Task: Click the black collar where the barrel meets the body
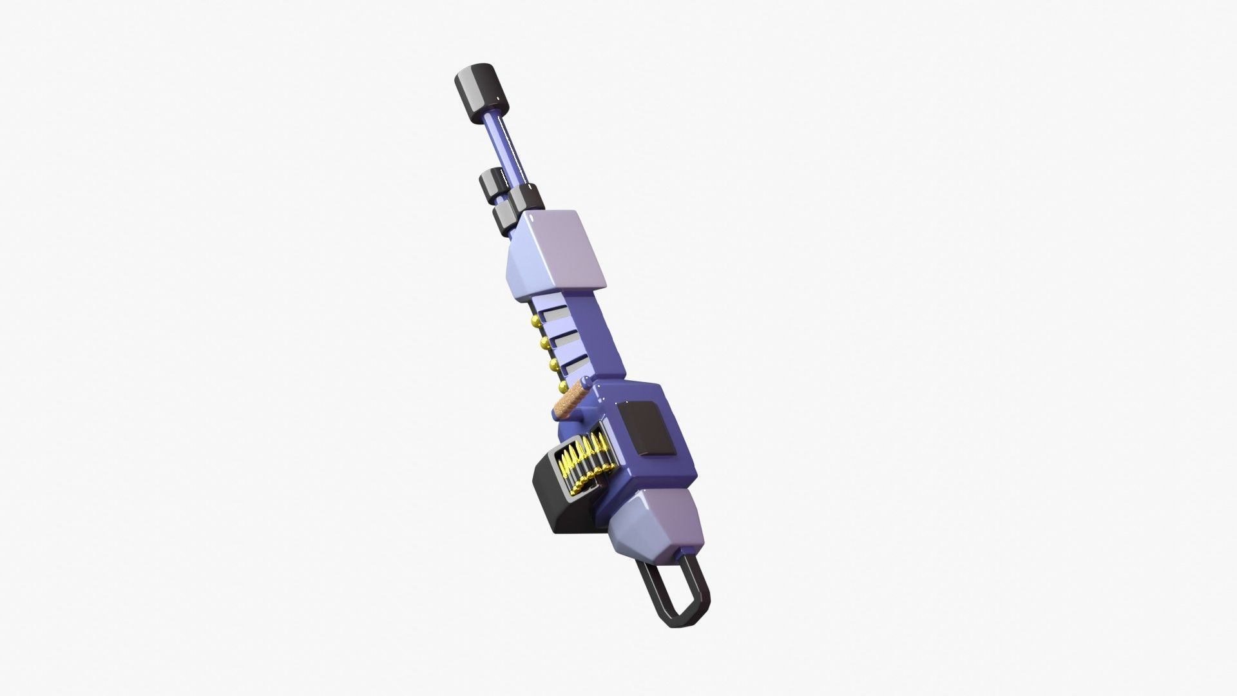click(527, 197)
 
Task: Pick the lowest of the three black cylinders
click(504, 219)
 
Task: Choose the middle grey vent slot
click(566, 339)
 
